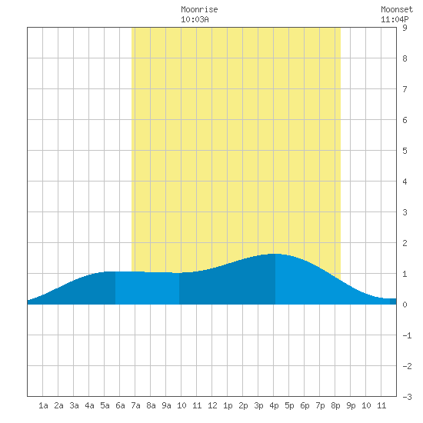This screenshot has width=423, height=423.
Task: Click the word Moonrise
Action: [199, 9]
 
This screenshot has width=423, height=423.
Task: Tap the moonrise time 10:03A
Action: [195, 19]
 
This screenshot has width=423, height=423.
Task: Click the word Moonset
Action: [397, 9]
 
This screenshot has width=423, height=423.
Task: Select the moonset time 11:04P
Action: [395, 19]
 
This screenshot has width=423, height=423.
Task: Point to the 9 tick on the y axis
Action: [405, 28]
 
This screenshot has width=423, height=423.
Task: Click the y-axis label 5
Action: [405, 151]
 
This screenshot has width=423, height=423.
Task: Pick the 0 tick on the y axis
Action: [405, 305]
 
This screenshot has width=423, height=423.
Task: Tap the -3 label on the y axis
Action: [407, 397]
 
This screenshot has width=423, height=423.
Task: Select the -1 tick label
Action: [407, 335]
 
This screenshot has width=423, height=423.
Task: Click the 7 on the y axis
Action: [405, 89]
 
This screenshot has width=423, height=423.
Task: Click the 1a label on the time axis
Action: [43, 405]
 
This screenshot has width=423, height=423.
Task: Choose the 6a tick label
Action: [120, 405]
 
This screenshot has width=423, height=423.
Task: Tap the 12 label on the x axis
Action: [212, 405]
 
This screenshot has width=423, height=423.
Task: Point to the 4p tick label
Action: [274, 405]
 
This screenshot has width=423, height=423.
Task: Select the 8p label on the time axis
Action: [335, 405]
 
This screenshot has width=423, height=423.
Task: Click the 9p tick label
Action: [351, 405]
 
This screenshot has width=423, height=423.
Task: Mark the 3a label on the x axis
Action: [74, 405]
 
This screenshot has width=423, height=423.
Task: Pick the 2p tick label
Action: [243, 405]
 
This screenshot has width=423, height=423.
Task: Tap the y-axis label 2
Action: [405, 243]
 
